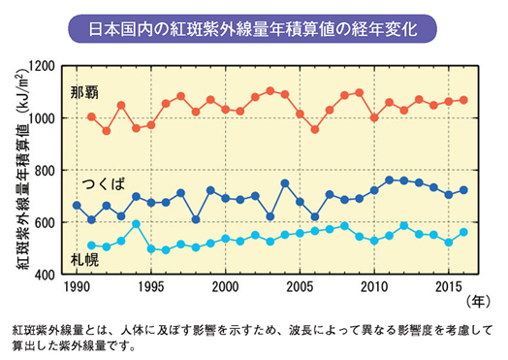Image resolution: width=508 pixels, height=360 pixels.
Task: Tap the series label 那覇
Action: [x=84, y=93]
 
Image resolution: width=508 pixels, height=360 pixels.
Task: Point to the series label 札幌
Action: [x=84, y=259]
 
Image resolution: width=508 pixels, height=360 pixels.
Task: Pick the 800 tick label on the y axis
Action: [x=44, y=171]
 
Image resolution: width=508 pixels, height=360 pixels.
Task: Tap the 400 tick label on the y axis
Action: [x=44, y=276]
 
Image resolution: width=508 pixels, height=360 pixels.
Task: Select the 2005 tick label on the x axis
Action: [x=300, y=287]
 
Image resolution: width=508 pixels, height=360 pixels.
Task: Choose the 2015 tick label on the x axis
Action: [x=449, y=287]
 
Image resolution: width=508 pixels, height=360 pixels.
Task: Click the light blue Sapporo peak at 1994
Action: [x=136, y=224]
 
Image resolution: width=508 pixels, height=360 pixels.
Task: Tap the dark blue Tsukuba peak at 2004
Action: [x=285, y=182]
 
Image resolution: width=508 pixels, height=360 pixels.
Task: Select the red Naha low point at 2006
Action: [x=315, y=129]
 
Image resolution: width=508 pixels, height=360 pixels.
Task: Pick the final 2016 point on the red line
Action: [x=463, y=100]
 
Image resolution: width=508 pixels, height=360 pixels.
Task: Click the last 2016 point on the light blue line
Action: [x=463, y=232]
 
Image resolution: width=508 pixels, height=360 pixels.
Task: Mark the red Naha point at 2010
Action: [x=374, y=117]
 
